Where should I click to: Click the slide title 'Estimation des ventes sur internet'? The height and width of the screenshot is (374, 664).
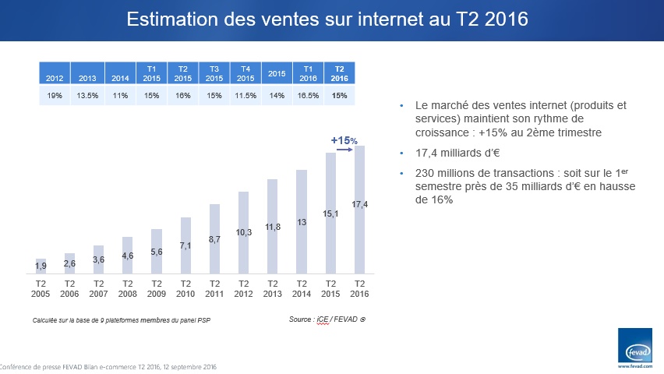[x=327, y=19]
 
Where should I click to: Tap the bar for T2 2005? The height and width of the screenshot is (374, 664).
[x=41, y=266]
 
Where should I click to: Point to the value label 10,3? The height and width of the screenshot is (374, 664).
[x=243, y=232]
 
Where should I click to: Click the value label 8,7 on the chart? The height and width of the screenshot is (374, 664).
[x=214, y=239]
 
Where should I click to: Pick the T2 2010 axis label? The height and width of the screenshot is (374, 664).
[x=185, y=288]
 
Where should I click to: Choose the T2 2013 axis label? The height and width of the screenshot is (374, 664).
[x=272, y=288]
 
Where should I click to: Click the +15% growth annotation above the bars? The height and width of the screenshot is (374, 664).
[x=344, y=140]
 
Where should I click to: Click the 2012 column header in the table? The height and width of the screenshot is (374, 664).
[x=55, y=78]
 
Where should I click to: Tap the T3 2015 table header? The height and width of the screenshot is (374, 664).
[x=214, y=73]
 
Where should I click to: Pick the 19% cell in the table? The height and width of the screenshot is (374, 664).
[x=55, y=95]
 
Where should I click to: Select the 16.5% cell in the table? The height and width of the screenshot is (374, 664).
[x=309, y=95]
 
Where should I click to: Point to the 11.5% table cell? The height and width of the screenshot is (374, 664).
[x=245, y=95]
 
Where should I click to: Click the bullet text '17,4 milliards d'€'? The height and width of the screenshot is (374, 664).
[x=449, y=153]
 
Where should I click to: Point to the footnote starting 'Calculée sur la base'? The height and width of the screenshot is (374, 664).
[x=122, y=320]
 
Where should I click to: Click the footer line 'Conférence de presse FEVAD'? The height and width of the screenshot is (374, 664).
[x=109, y=367]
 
